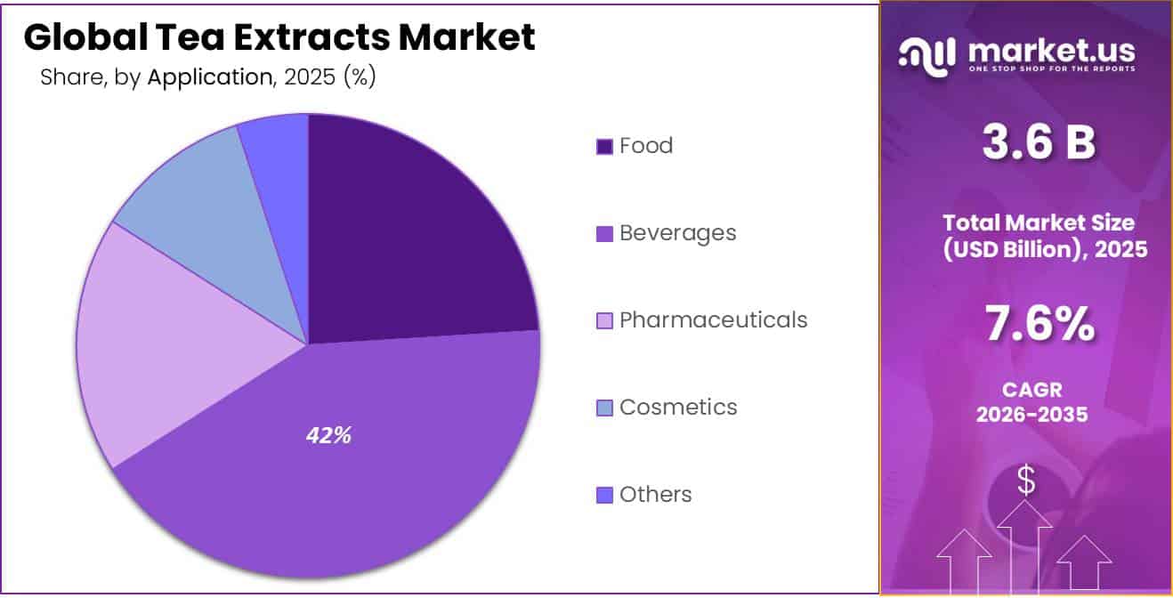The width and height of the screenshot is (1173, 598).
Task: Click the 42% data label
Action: click(x=328, y=436)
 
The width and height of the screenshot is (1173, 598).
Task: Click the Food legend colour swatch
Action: click(x=604, y=147)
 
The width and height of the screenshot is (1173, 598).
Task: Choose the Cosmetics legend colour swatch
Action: click(x=604, y=408)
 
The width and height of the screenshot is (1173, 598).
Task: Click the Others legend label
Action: click(x=656, y=495)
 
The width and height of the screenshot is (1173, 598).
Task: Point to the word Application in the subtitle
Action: click(x=209, y=77)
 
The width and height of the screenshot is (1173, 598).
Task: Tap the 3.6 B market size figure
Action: click(x=1039, y=142)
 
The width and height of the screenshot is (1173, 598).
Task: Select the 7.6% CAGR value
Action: click(x=1039, y=326)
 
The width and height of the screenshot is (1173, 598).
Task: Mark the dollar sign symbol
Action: click(x=1026, y=481)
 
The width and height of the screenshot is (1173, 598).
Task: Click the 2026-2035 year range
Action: click(x=1032, y=415)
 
